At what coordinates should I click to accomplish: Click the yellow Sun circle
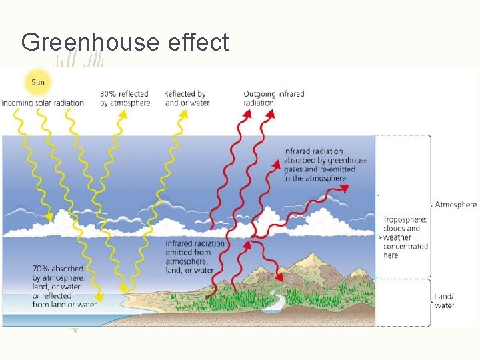point(38,83)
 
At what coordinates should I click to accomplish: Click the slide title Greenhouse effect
point(125,42)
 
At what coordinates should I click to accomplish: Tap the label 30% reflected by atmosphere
point(125,99)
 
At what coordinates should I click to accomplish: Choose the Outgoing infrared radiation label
point(273,99)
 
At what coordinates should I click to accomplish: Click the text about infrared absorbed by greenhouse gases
point(325,165)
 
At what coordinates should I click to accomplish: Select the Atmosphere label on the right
point(456,205)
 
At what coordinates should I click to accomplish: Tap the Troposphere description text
point(405,237)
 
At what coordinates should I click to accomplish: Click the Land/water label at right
point(444,301)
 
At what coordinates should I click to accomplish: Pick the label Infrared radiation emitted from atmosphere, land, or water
point(195,257)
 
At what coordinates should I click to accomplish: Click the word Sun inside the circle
point(38,83)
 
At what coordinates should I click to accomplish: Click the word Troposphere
point(404,219)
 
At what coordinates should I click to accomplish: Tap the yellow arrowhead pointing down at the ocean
point(98,298)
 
